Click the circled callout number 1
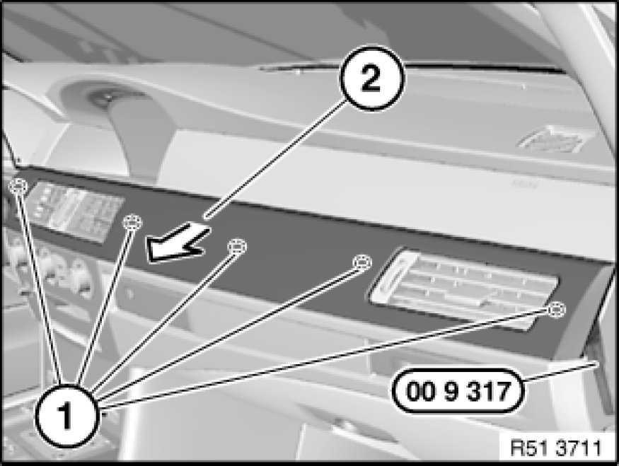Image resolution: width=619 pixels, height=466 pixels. tap(66, 416)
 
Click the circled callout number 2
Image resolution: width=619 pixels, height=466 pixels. tap(371, 78)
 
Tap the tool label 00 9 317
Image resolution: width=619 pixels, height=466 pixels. tap(458, 392)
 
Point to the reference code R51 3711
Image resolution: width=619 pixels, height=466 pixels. tap(556, 448)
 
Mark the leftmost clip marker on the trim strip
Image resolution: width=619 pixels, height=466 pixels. tap(18, 185)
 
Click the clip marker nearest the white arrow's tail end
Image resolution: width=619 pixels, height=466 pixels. tap(133, 223)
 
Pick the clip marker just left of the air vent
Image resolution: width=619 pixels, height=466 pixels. tap(361, 263)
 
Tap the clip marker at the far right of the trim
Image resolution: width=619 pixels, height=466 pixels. tap(556, 309)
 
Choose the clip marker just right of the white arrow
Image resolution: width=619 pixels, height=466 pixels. tap(237, 246)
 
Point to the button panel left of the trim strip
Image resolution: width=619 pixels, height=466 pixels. tap(76, 211)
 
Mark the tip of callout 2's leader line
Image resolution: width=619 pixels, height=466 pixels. tap(205, 216)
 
